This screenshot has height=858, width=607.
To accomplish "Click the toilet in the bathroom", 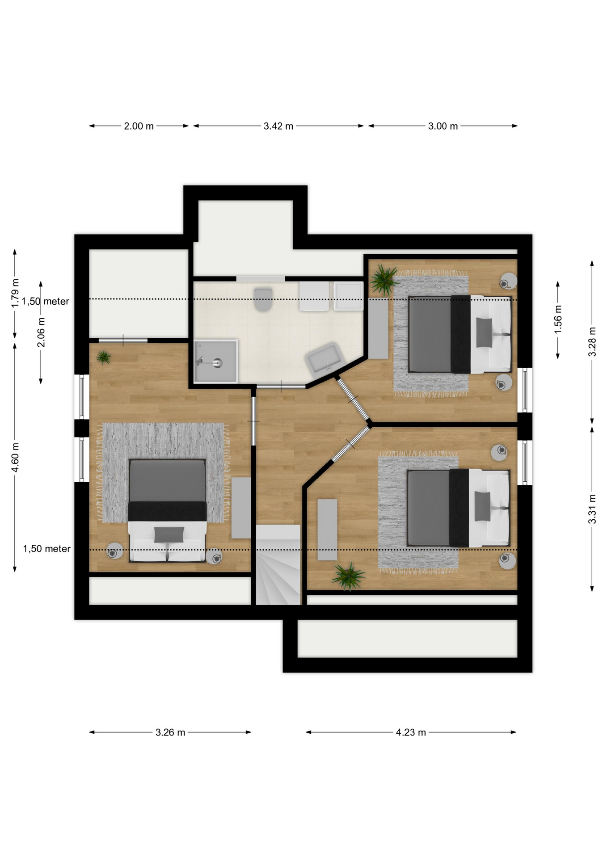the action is click(263, 299).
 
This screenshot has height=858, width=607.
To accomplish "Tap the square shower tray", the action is click(215, 361).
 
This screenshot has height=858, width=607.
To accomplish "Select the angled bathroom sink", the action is click(324, 358).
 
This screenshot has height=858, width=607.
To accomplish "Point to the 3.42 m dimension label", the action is click(278, 126).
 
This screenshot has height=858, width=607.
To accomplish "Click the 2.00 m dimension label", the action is click(139, 126).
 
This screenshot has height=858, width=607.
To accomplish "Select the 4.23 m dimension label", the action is click(411, 732).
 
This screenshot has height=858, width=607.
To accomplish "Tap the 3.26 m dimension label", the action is click(170, 732).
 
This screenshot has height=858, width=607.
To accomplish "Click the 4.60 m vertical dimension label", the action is click(15, 457).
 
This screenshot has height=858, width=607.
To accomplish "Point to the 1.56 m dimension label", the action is click(558, 319).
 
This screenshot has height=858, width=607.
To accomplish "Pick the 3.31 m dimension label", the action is click(592, 509).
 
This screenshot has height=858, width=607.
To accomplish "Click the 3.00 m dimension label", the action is click(443, 126).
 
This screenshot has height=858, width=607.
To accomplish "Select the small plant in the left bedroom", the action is click(104, 357).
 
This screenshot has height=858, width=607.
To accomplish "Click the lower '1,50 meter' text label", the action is click(46, 549).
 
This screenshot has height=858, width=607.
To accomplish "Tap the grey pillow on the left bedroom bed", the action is click(169, 534).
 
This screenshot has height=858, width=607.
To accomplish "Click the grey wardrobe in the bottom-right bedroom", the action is click(327, 530).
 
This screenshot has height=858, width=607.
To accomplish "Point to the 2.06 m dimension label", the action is click(41, 332).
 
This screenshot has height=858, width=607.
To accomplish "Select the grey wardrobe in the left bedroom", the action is click(241, 508).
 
